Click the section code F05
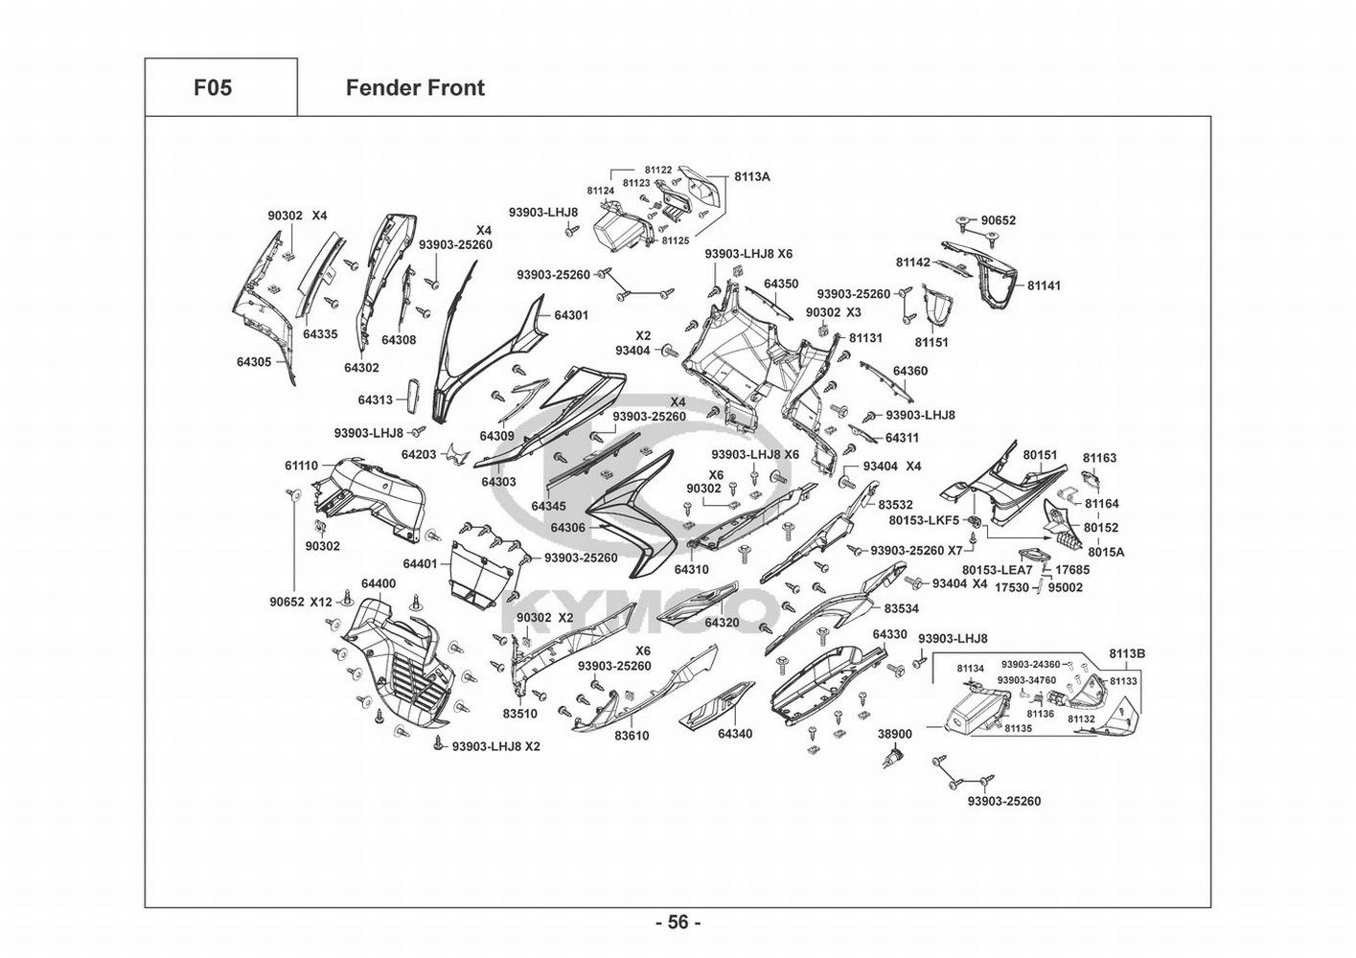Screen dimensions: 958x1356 (x=213, y=88)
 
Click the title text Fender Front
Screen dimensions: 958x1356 (x=415, y=88)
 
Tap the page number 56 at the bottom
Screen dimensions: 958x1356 (x=678, y=923)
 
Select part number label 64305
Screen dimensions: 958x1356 (x=255, y=362)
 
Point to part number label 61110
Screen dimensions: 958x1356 (x=301, y=466)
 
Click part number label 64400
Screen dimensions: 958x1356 (x=379, y=583)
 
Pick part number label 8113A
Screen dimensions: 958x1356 (x=752, y=177)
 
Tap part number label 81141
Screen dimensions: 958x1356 (x=1045, y=285)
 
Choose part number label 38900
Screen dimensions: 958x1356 (x=895, y=734)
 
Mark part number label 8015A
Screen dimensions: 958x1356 (x=1106, y=552)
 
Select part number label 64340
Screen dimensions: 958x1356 (x=735, y=734)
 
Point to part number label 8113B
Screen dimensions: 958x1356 (x=1127, y=653)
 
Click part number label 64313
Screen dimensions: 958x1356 (x=376, y=400)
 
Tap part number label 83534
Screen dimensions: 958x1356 (x=902, y=608)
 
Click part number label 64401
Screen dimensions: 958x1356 (x=421, y=563)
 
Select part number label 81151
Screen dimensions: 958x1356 (x=931, y=342)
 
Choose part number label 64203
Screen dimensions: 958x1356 (x=419, y=454)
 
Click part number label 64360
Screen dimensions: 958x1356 (x=910, y=371)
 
